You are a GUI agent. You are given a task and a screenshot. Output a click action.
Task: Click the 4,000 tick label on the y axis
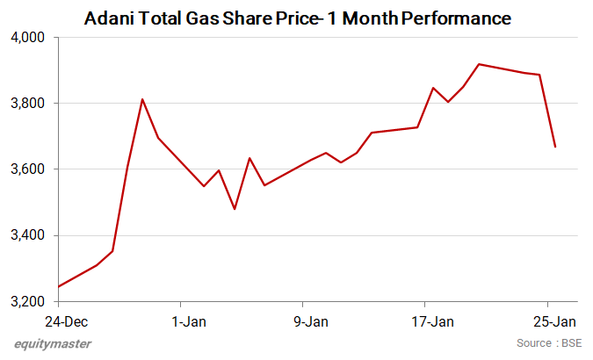[x=28, y=38]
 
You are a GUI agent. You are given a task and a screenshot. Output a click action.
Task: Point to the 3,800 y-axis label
[x=28, y=104]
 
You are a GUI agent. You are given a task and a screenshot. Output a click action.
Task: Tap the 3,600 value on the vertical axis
[x=28, y=169]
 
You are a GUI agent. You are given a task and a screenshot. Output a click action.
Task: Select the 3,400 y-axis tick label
[x=28, y=235]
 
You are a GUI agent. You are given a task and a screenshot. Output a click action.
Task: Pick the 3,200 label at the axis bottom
[x=28, y=302]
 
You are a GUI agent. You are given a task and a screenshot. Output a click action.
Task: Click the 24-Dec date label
[x=67, y=322]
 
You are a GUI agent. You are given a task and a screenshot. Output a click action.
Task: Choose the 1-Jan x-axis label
[x=189, y=322]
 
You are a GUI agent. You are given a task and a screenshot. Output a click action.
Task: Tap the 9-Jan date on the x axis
[x=311, y=322]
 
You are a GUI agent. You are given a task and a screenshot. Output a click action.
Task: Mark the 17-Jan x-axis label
[x=432, y=322]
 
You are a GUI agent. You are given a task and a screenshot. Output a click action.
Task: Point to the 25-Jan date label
[x=555, y=322]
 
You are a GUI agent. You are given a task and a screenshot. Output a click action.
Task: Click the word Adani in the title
[x=109, y=18]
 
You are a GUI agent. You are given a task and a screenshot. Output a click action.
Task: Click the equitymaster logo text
[x=53, y=343]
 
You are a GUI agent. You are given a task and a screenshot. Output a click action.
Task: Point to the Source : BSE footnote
[x=549, y=343]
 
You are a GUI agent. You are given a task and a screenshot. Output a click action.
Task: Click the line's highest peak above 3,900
[x=479, y=64]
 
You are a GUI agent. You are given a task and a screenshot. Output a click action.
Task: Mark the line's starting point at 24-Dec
[x=59, y=286]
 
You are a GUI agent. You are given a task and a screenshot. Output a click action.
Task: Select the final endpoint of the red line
[x=555, y=147]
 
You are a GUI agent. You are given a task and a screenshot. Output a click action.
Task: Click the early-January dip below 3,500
[x=235, y=209]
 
